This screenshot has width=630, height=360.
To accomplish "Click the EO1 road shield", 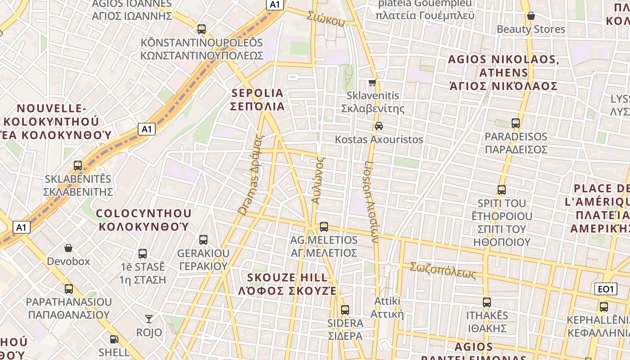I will (x=606, y=289).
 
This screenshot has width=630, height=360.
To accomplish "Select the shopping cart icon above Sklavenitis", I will (x=373, y=82).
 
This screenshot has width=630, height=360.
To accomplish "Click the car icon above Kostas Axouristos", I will (x=379, y=126).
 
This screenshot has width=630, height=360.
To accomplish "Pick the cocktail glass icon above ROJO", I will (x=149, y=319).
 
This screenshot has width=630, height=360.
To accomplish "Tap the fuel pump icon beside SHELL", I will (x=114, y=339).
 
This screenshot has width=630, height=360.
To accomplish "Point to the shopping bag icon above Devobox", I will (x=68, y=248).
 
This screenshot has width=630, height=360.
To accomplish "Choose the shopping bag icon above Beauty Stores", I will (x=531, y=16).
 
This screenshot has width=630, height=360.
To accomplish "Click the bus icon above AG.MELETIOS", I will (x=324, y=226).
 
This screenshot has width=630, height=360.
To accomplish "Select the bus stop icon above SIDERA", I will (x=345, y=310).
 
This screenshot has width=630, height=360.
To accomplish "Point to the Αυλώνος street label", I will (x=318, y=180).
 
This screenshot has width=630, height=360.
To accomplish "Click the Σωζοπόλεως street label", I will (x=443, y=271).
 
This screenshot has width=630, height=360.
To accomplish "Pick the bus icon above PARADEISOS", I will (x=516, y=123).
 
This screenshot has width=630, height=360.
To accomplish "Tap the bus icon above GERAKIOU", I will (x=203, y=239).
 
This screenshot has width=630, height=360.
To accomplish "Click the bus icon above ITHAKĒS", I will (x=487, y=302).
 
